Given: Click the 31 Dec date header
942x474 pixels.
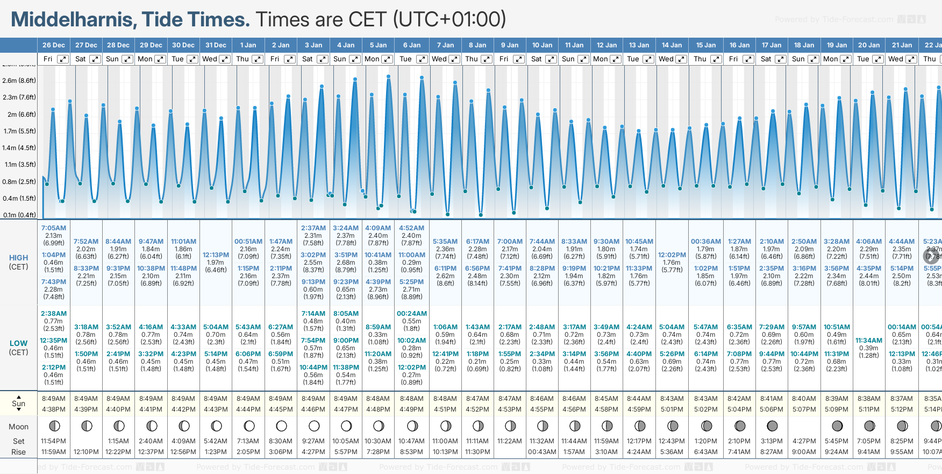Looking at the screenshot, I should [x=216, y=45].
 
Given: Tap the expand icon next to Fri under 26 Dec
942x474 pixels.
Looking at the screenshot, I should [x=63, y=59].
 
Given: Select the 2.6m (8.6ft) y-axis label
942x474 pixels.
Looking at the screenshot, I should [x=19, y=81].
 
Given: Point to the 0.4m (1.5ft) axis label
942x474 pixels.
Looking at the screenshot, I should [x=19, y=199].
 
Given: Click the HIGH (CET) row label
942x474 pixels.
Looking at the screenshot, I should [x=18, y=262].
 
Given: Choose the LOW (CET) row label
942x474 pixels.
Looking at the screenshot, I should [x=18, y=348].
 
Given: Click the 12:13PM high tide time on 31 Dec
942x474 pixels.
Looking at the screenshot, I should [x=216, y=255].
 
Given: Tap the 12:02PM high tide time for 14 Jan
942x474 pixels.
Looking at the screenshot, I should [x=672, y=255].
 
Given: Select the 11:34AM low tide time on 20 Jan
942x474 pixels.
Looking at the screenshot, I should [x=869, y=341].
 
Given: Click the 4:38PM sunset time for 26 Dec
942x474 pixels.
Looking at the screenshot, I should [x=54, y=409].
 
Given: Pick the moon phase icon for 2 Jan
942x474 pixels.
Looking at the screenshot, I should [x=281, y=426].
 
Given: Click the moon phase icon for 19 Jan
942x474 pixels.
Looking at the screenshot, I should [x=837, y=426].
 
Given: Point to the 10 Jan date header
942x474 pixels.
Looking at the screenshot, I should [x=542, y=45].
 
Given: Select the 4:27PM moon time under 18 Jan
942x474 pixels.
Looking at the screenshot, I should [x=804, y=441].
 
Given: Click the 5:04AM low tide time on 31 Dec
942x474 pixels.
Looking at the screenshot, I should [x=216, y=327].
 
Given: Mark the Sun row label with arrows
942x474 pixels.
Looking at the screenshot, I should [x=18, y=404].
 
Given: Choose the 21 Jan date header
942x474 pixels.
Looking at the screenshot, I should [x=902, y=45].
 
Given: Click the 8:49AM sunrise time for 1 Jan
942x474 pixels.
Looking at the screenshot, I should [x=248, y=399].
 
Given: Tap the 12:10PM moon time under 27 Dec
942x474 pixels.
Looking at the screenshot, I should [x=86, y=452].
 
